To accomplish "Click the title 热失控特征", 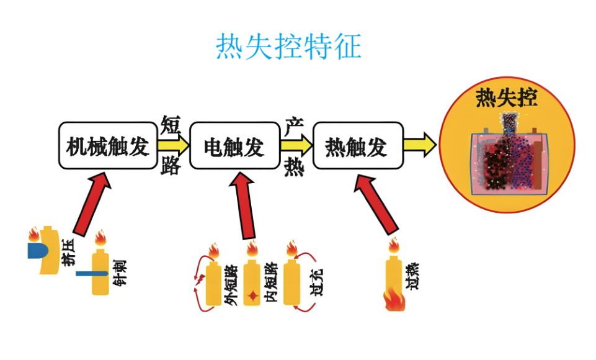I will (288, 47).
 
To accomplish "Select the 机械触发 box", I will (108, 146).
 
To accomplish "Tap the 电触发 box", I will (234, 146).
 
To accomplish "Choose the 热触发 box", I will (357, 146).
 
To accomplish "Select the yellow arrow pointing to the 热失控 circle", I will (420, 145).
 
